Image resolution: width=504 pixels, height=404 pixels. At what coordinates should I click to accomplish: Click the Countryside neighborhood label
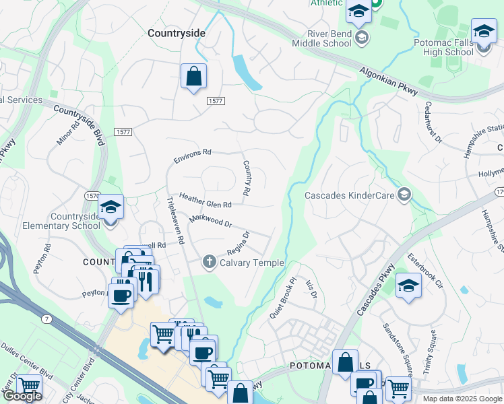click(176, 32)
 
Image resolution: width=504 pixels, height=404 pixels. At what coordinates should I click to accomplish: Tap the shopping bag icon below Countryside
click(193, 76)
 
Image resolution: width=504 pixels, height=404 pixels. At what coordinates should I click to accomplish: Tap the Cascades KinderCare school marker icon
click(404, 195)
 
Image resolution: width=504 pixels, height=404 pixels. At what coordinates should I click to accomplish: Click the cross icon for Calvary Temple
click(210, 262)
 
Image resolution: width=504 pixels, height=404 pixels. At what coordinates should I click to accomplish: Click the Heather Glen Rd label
click(205, 199)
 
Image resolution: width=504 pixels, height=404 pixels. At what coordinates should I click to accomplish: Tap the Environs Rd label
click(192, 156)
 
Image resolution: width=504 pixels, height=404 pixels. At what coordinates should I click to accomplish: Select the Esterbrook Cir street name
click(424, 271)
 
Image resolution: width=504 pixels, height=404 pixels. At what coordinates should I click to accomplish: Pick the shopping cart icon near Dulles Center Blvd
click(29, 386)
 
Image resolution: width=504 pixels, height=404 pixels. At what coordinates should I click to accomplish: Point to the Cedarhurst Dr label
click(432, 123)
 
